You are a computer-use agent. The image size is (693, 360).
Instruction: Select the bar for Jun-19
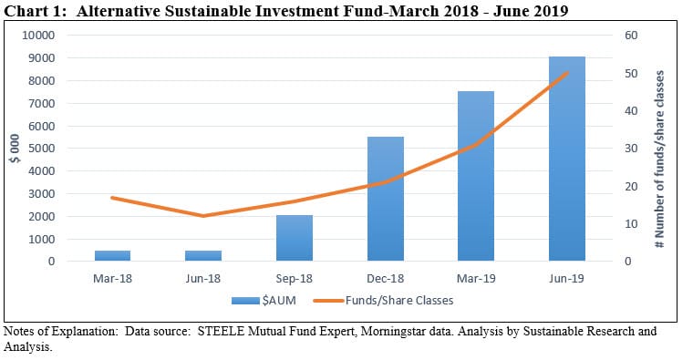pyautogui.click(x=566, y=159)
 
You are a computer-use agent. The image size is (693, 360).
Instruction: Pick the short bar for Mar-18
pyautogui.click(x=112, y=256)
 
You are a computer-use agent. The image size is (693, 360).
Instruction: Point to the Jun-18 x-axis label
pyautogui.click(x=203, y=277)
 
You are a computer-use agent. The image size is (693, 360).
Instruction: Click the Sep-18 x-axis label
pyautogui.click(x=294, y=277)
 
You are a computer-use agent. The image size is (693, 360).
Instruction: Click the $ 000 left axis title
pyautogui.click(x=14, y=148)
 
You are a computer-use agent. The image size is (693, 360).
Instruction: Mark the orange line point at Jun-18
pyautogui.click(x=203, y=216)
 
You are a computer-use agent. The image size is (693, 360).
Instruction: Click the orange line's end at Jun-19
pyautogui.click(x=566, y=73)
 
